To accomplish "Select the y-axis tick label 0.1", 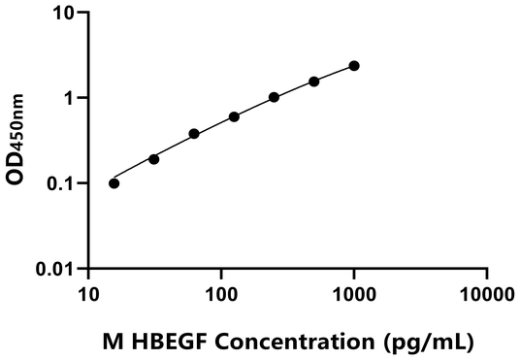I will tap(62, 182).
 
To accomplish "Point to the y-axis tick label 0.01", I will tap(57, 267).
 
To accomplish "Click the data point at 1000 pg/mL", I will tap(354, 66).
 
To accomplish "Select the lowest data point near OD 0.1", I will tap(114, 183).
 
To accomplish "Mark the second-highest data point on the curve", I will tap(314, 82).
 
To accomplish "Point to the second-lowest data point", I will tap(154, 159).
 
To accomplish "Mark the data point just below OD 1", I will tap(234, 116).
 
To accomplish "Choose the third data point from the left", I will tap(194, 134).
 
